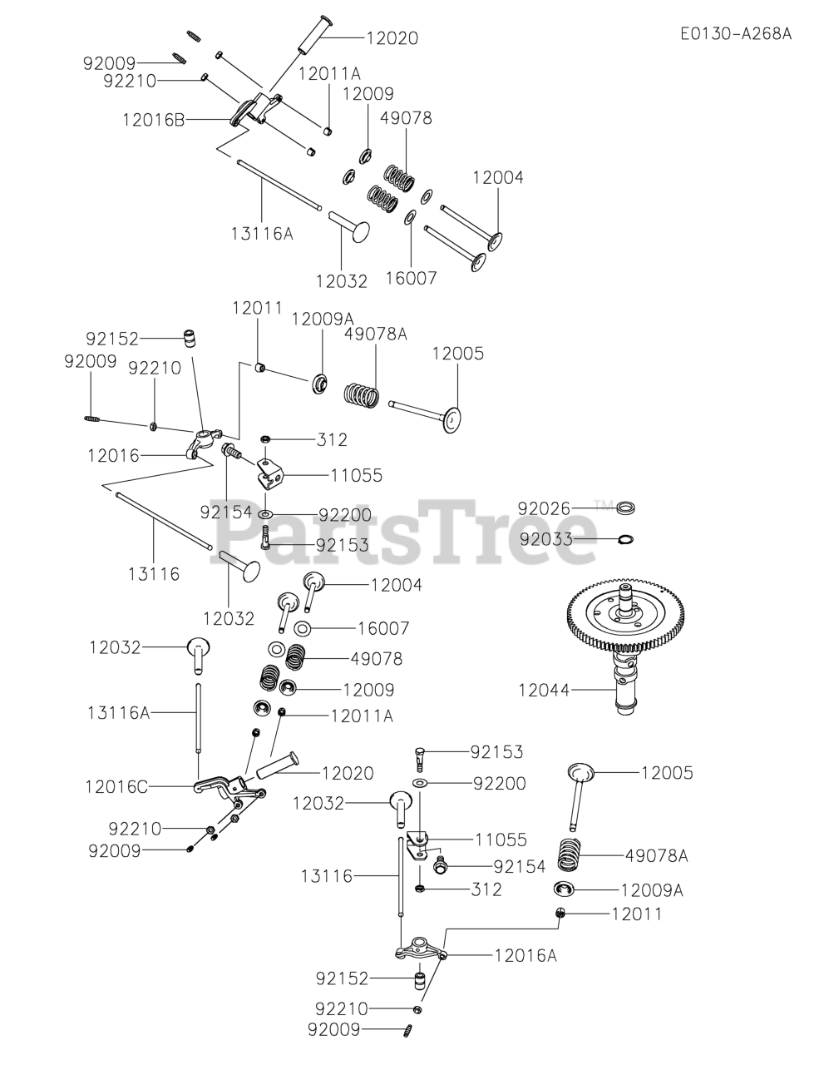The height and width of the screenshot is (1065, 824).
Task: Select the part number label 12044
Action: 544,689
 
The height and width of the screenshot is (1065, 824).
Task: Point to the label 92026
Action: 544,508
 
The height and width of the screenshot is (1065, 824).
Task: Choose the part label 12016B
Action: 154,119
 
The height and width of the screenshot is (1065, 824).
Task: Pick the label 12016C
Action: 116,785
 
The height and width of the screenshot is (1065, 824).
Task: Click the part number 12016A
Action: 525,955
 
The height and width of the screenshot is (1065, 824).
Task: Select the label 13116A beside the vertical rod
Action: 118,712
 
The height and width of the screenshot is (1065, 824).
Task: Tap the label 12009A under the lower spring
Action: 652,889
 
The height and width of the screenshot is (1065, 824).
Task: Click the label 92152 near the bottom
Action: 341,978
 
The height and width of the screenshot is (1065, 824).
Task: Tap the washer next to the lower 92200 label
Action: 421,783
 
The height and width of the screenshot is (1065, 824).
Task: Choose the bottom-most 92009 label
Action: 334,1030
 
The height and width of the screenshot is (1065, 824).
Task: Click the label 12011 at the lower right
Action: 637,914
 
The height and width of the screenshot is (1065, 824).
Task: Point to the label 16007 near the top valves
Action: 412,277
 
